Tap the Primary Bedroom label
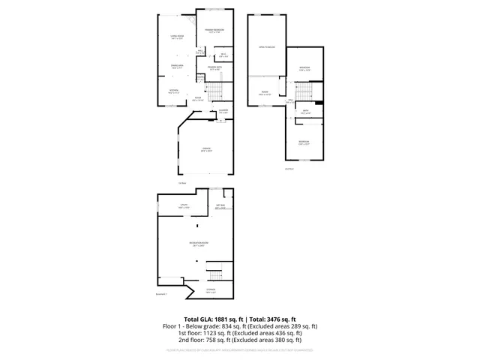point(214,30)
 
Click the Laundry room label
point(223,111)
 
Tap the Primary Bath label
point(213,67)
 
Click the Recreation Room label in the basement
point(199,243)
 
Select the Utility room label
point(183,205)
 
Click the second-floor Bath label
point(305,112)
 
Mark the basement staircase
point(215,272)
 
